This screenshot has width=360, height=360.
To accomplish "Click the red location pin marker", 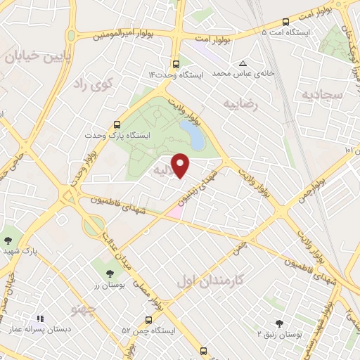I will [x=181, y=165].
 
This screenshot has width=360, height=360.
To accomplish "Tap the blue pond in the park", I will [x=192, y=135].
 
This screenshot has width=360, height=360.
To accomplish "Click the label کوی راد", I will [x=102, y=84].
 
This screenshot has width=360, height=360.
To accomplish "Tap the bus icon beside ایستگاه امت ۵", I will [x=285, y=22].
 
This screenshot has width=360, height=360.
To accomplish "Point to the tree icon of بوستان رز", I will [x=108, y=274].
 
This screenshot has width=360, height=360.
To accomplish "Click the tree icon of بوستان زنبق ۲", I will [x=279, y=323].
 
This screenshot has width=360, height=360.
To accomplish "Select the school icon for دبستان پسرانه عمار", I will [x=40, y=319].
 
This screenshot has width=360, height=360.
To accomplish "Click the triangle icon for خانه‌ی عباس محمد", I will [x=243, y=63].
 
